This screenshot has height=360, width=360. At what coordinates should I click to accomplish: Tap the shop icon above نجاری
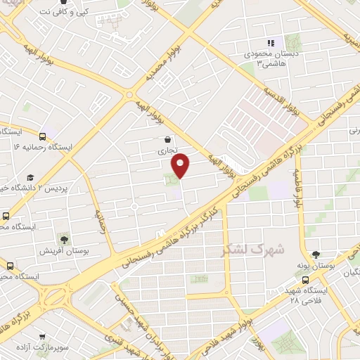167,139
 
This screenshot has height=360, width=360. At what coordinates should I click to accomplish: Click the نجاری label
166,150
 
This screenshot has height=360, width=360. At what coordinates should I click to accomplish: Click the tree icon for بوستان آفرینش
64,239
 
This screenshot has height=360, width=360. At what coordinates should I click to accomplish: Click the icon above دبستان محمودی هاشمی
271,44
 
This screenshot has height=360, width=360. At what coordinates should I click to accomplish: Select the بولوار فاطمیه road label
298,191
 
